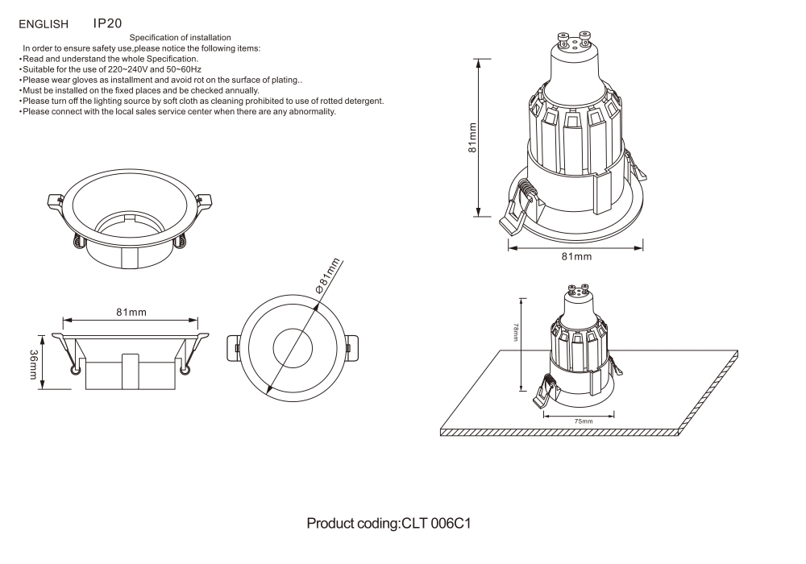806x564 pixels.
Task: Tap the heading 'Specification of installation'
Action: pos(181,38)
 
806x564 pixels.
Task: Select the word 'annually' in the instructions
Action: pos(237,90)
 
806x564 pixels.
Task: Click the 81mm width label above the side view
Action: pos(131,312)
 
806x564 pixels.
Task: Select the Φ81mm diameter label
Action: pos(329,274)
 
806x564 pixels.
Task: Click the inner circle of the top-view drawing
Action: pos(296,348)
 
